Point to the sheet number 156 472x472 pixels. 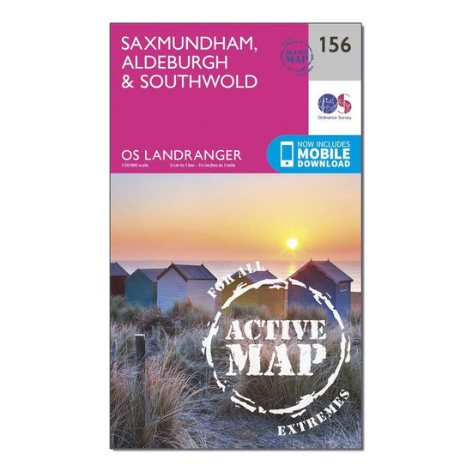point(335,45)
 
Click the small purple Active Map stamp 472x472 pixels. point(295,55)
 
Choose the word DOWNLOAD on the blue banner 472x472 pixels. point(326,164)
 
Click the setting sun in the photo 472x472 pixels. point(291,243)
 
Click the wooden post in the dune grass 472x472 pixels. point(140,348)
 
